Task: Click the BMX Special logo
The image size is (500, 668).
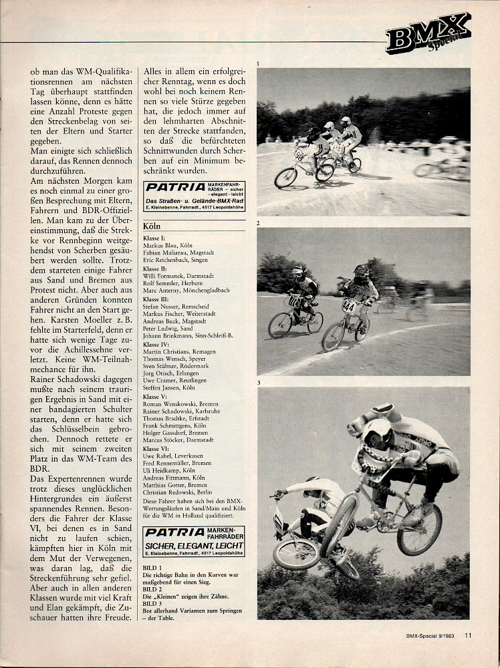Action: pyautogui.click(x=428, y=33)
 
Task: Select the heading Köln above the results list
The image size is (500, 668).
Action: pyautogui.click(x=152, y=226)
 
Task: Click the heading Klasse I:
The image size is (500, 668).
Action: pyautogui.click(x=155, y=238)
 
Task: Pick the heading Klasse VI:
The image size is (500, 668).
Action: pyautogui.click(x=157, y=449)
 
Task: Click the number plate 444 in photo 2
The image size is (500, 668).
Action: pyautogui.click(x=348, y=306)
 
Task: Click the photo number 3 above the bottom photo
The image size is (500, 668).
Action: pyautogui.click(x=259, y=383)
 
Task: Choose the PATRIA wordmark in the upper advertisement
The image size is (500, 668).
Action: pyautogui.click(x=171, y=188)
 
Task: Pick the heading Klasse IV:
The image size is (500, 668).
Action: pyautogui.click(x=157, y=343)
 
